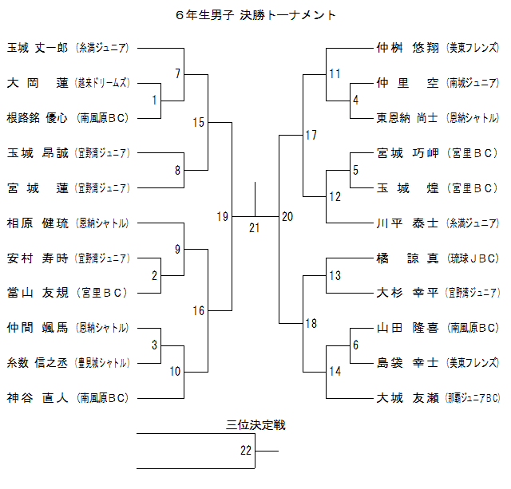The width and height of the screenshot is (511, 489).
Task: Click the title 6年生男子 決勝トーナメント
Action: [255, 14]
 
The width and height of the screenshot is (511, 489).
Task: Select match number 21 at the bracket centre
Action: [255, 227]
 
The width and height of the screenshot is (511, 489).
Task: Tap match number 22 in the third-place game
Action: [246, 451]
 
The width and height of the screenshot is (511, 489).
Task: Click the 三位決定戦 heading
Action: [255, 425]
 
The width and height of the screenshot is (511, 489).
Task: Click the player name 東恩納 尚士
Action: [407, 117]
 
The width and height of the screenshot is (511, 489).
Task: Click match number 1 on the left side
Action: [154, 100]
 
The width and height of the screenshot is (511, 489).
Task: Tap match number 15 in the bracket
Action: [199, 122]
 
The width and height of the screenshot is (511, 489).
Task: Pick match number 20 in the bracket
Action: [287, 216]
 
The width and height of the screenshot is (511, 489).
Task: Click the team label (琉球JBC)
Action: [472, 258]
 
